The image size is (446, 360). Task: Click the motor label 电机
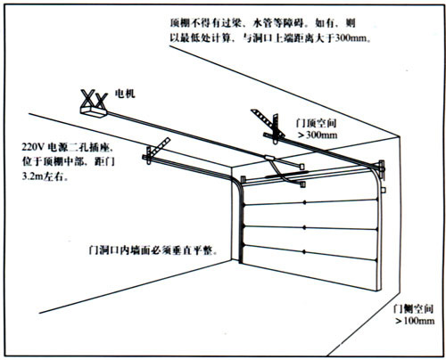pos(125,94)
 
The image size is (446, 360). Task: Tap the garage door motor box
pos(94,112)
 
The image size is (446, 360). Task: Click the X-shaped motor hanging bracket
pos(94,99)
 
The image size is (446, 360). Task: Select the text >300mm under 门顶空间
pos(318,135)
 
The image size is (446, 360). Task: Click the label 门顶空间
pos(316,123)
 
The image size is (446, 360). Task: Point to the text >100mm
pos(415,321)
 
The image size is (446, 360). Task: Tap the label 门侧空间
pos(413,309)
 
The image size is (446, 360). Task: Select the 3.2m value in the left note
pos(32,176)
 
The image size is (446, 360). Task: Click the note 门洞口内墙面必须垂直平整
pos(153,250)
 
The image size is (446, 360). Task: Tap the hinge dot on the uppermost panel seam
pos(304,202)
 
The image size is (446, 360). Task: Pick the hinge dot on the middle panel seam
pos(304,227)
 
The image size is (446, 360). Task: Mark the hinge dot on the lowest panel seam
pos(304,252)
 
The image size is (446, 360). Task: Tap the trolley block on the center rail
pos(270,158)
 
